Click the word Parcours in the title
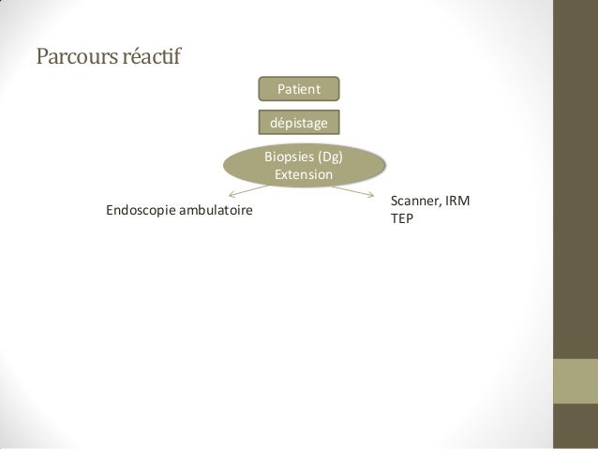coord(77,56)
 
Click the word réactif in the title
coord(152,56)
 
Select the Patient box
coord(299,89)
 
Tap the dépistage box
coord(299,123)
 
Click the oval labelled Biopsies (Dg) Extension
coord(304,165)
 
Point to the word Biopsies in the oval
coord(289,157)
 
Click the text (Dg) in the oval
coord(330,157)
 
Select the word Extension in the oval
coord(304,174)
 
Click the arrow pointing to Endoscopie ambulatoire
coord(247,190)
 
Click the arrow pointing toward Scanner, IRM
coord(352,191)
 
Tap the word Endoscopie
coord(141,210)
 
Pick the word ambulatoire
coord(216,210)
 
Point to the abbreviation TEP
coord(402,218)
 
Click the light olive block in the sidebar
coord(576,382)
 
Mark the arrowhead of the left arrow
coord(230,195)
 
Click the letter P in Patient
coord(281,89)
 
